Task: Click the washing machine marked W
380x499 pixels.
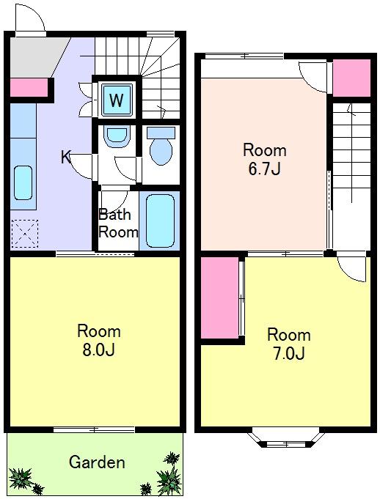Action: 117,100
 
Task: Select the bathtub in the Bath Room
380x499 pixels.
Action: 160,221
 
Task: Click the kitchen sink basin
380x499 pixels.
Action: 23,183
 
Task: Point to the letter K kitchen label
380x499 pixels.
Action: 66,158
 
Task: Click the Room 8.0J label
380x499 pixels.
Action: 99,341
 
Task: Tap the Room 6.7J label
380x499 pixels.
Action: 265,159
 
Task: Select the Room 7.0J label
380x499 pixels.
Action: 289,344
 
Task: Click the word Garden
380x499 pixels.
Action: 97,462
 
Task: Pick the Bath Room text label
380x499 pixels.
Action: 118,223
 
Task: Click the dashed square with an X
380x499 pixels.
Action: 25,234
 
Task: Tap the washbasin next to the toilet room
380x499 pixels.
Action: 117,136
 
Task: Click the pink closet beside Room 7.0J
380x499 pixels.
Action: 220,298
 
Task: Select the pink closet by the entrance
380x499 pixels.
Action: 29,87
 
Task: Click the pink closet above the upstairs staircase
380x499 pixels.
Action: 351,78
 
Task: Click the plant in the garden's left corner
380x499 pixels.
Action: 21,478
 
